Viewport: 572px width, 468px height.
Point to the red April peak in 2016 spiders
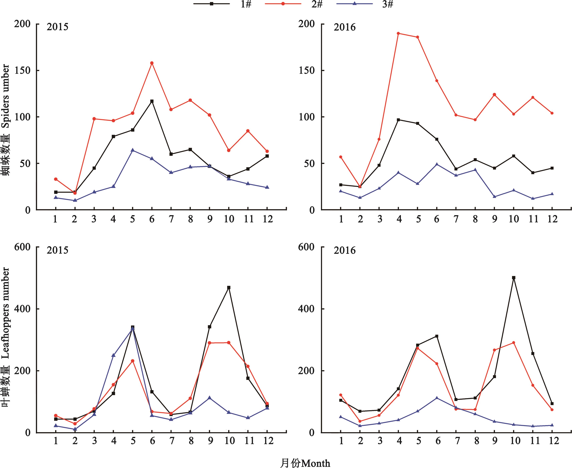[398, 33]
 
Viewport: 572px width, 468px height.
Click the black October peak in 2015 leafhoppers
[229, 288]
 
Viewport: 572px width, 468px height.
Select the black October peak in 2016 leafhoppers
[514, 278]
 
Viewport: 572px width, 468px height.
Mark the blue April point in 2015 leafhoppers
[113, 355]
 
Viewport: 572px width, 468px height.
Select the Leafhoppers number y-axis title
[6, 337]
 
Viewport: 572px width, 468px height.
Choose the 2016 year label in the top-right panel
[345, 27]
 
